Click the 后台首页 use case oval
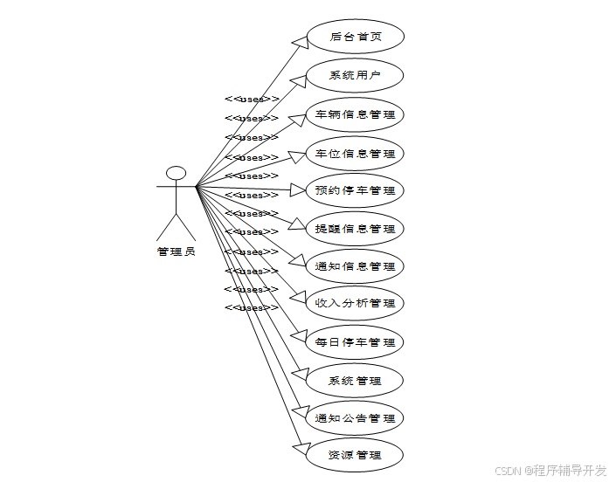pyautogui.click(x=355, y=38)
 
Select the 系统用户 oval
pyautogui.click(x=355, y=76)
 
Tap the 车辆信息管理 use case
pyautogui.click(x=355, y=114)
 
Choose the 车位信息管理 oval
pyautogui.click(x=355, y=154)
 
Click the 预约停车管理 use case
pyautogui.click(x=355, y=191)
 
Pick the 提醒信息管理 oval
pyautogui.click(x=355, y=230)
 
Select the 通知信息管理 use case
pyautogui.click(x=355, y=267)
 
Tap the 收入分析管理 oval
pyautogui.click(x=355, y=304)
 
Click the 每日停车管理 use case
pyautogui.click(x=355, y=342)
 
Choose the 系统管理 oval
pyautogui.click(x=355, y=381)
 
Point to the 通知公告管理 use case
pyautogui.click(x=355, y=418)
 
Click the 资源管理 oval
pyautogui.click(x=355, y=456)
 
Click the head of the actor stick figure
pyautogui.click(x=176, y=173)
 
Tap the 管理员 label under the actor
pyautogui.click(x=176, y=252)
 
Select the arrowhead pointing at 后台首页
pyautogui.click(x=297, y=40)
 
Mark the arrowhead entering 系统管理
pyautogui.click(x=297, y=375)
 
